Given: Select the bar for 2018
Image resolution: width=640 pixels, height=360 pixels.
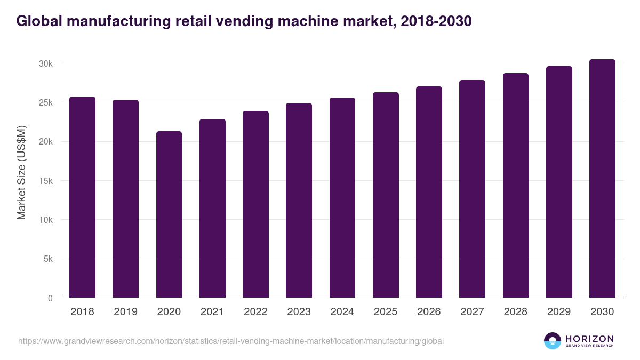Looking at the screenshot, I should [82, 197].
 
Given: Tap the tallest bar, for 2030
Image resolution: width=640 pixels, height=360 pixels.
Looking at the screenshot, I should [602, 179].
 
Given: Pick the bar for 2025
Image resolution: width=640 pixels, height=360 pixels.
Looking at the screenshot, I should [386, 195].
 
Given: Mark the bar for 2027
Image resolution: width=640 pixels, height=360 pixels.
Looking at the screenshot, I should [472, 189].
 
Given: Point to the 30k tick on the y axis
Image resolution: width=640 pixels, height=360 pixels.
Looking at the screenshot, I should [45, 63].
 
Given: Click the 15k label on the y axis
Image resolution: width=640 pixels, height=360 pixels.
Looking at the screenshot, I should [45, 181].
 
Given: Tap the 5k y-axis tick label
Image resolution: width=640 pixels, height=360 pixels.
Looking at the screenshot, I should [47, 259].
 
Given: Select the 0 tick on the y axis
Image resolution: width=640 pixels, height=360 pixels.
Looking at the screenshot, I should [50, 298].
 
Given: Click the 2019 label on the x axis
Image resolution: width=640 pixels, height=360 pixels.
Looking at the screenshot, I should [125, 312].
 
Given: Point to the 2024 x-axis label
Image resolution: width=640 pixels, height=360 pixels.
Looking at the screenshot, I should [342, 312].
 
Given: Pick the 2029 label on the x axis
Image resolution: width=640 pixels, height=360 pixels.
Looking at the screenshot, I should [559, 312].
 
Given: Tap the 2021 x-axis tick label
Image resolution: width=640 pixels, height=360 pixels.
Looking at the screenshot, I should [212, 312].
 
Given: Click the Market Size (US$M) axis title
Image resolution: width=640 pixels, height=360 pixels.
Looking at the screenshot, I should [21, 172].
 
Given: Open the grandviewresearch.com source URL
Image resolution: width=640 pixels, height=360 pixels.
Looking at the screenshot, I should [230, 341].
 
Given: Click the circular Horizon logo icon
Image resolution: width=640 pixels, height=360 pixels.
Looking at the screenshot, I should [553, 341].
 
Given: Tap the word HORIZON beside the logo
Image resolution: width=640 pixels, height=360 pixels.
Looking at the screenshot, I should [589, 338].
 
